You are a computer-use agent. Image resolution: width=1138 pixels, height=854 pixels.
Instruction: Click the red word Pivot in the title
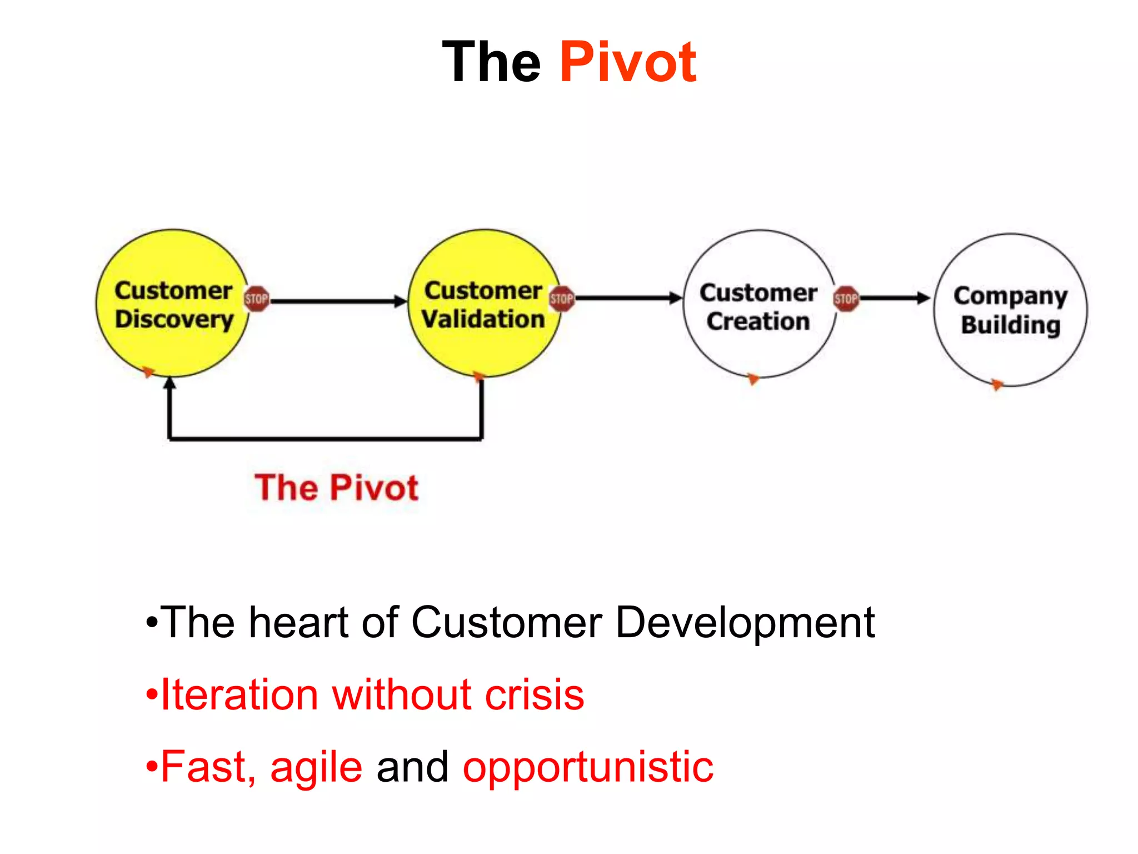tap(628, 62)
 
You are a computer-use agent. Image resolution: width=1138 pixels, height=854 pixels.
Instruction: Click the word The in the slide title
tap(491, 62)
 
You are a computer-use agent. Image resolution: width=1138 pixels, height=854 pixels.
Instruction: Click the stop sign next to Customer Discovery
tap(256, 299)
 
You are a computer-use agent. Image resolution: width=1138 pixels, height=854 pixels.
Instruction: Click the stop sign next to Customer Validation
tap(561, 299)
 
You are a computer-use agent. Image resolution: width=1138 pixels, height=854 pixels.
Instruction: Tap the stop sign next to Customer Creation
tap(846, 299)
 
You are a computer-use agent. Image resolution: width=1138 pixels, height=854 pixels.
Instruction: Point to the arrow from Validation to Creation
tap(628, 299)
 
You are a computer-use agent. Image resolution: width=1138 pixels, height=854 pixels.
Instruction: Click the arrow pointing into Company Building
tap(895, 298)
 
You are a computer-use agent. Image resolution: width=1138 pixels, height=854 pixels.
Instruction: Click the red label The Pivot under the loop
tap(336, 488)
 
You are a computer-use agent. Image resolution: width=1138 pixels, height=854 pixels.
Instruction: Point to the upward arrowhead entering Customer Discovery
tap(170, 384)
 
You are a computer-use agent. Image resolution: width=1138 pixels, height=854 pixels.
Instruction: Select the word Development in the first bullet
tap(745, 623)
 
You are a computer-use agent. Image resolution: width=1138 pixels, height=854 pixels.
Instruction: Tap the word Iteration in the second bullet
tap(239, 695)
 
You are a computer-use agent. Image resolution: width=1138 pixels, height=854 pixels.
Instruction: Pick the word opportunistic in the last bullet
tap(588, 768)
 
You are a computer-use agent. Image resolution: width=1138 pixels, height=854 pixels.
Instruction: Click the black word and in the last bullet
tap(412, 767)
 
